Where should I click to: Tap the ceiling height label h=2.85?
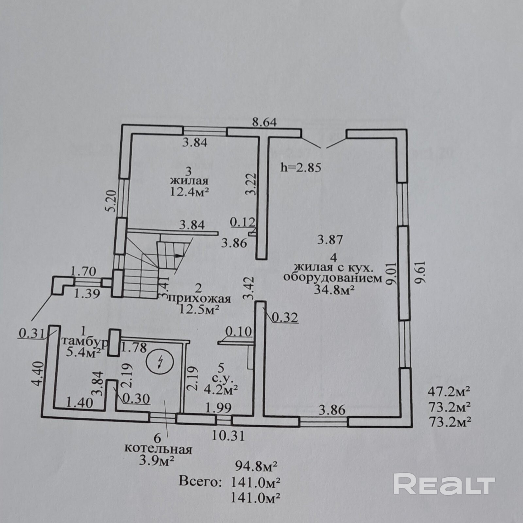[301, 167]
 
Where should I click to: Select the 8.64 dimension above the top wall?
[264, 122]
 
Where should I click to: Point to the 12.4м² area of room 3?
[189, 191]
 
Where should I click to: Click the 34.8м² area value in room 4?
[334, 290]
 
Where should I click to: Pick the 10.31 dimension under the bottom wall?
[228, 436]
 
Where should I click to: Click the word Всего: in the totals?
[198, 481]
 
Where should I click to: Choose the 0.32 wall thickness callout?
[285, 317]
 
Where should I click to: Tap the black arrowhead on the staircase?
[178, 256]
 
